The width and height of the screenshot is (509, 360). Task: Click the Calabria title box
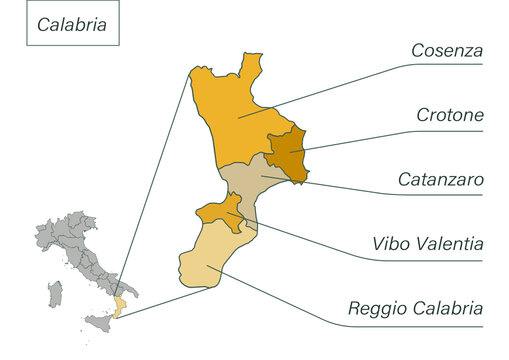(73, 26)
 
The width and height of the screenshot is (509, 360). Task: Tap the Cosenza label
(447, 50)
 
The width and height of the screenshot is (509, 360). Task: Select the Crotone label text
(450, 116)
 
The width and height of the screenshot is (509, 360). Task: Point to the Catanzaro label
(441, 180)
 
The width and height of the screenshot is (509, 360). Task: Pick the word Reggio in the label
(376, 309)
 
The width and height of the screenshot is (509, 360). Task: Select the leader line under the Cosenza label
(440, 65)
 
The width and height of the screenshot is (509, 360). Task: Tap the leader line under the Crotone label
(440, 130)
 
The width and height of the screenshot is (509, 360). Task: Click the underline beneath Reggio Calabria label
(420, 324)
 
